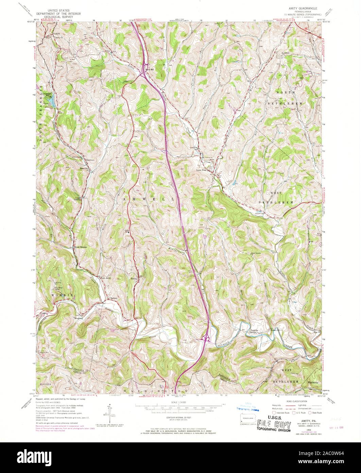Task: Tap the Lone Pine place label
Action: coord(202,170)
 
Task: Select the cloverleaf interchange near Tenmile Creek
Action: coord(206,338)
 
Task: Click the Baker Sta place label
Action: coord(84,168)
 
